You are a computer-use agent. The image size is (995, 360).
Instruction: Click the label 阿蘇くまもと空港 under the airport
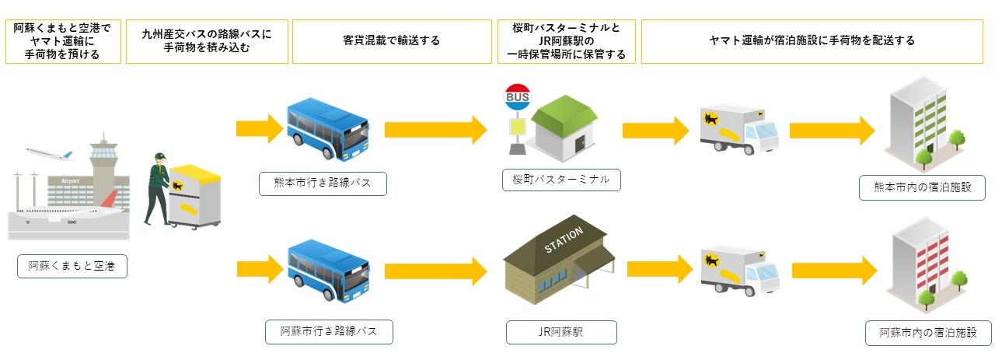coord(72,267)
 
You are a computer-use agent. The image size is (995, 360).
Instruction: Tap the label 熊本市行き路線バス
coord(323,184)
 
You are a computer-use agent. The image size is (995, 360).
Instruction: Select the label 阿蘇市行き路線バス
coord(329,331)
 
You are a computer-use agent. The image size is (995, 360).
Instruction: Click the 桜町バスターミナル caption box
coord(561,180)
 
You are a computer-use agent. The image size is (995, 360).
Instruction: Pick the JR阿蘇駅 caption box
coord(561,332)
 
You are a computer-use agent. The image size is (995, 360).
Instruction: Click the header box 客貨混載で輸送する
coord(391,40)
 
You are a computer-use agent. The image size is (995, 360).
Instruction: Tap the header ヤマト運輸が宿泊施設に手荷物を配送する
coord(812,40)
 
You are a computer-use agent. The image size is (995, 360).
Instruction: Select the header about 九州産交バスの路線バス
coord(207,40)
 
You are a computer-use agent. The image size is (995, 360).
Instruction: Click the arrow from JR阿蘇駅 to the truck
coord(659,269)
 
